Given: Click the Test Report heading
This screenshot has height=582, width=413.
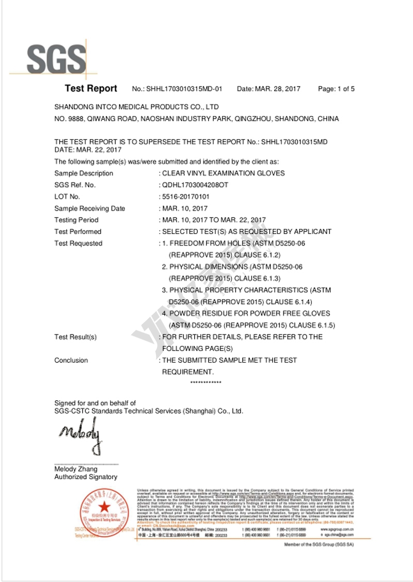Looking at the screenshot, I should coord(91,88).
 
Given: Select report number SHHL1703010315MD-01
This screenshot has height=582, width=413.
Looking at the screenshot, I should coord(185,89).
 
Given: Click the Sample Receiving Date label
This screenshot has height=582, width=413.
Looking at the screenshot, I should coord(89,209).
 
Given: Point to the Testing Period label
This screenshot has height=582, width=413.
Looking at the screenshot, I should coord(76,220).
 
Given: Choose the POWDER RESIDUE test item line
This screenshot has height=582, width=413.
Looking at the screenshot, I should coord(246,313).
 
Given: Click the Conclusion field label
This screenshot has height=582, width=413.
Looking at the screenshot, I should coord(71,360).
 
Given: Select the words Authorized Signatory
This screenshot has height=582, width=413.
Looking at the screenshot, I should coord(86,477).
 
